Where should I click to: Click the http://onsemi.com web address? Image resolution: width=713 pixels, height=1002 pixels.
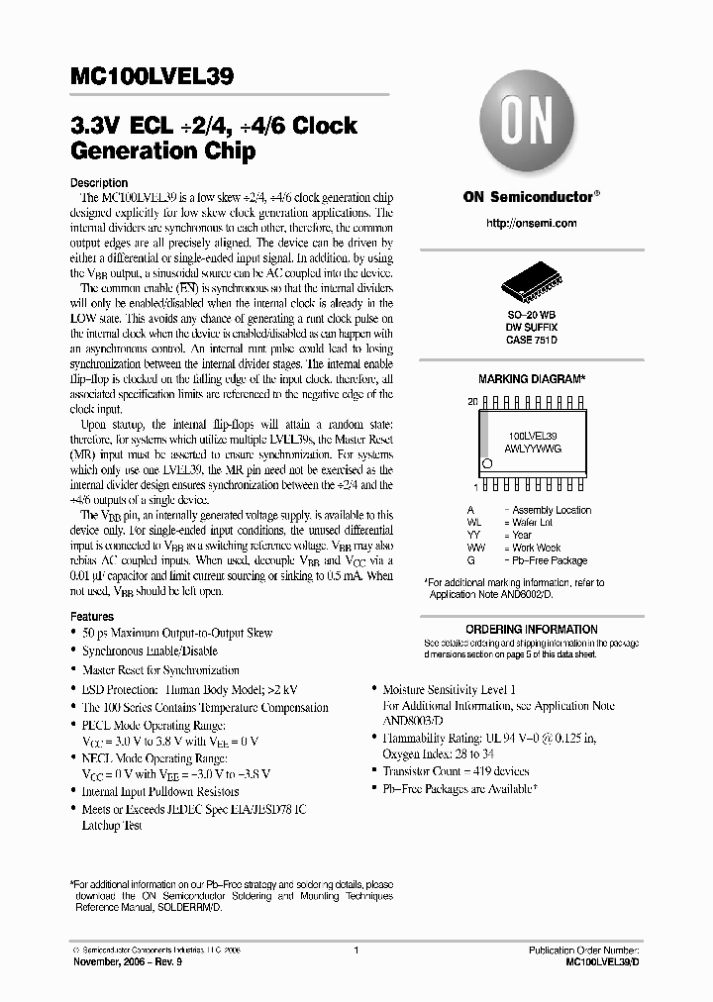click(532, 223)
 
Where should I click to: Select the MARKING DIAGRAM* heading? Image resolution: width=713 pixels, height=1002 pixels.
click(532, 379)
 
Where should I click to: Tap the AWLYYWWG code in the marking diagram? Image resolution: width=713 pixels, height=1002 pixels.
click(533, 448)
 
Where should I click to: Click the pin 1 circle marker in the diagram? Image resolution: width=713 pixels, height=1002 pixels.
click(487, 463)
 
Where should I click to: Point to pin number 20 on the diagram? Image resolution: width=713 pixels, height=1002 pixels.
click(472, 403)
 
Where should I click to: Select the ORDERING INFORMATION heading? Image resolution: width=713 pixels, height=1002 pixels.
click(532, 629)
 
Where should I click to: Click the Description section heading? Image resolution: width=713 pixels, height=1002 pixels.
click(99, 183)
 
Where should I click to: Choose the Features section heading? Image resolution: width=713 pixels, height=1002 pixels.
click(92, 616)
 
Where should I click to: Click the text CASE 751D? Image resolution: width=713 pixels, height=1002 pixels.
click(532, 340)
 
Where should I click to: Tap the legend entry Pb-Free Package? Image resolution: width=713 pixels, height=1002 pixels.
click(550, 559)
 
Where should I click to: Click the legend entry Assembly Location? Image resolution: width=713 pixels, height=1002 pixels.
click(552, 510)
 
